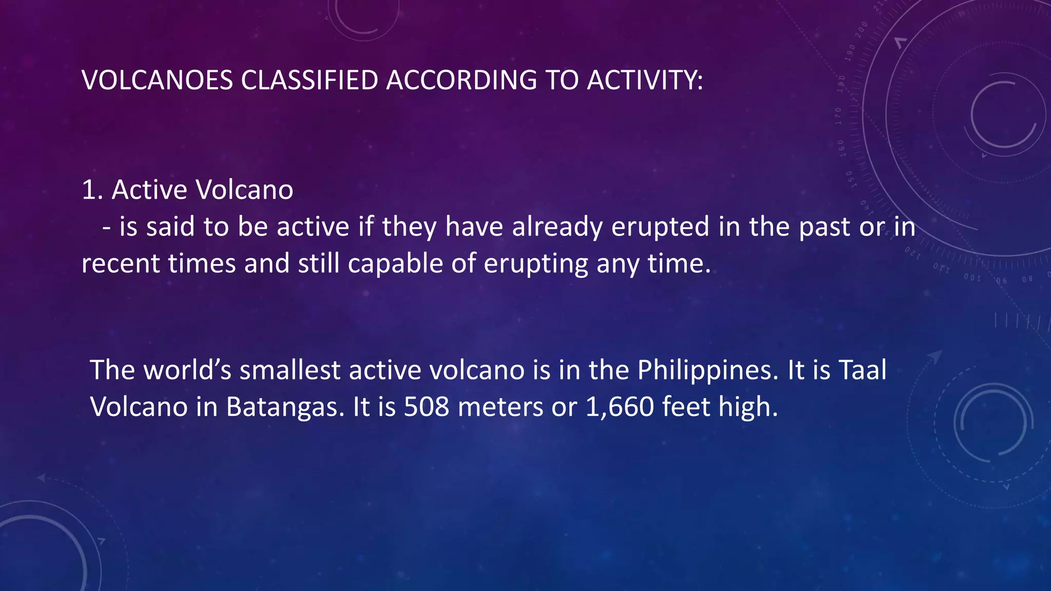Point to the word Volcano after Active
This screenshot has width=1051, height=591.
tap(245, 190)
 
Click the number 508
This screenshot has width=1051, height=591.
tap(426, 407)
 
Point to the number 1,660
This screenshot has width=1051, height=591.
tap(619, 407)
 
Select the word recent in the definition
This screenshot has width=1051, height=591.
tap(121, 264)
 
